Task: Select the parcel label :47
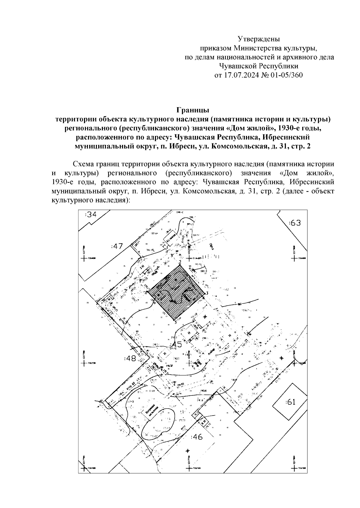tap(117, 246)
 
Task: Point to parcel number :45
tap(176, 345)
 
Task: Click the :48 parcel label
tap(130, 358)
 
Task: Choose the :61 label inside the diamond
tap(290, 402)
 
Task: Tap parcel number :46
tap(196, 437)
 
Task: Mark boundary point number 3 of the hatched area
tap(207, 293)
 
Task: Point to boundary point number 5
tap(175, 322)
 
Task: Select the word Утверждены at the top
tap(259, 39)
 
